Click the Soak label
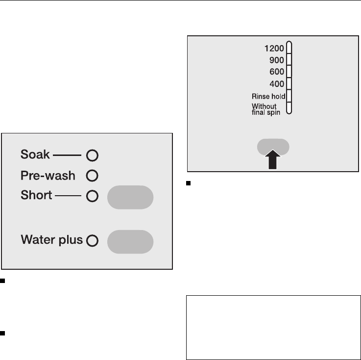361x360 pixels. tap(35, 155)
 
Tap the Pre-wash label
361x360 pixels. tap(48, 175)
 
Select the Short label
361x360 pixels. tap(36, 195)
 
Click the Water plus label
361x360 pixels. tap(52, 240)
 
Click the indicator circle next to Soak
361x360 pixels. tap(93, 156)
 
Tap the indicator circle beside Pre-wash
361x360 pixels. tap(93, 175)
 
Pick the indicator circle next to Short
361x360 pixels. tap(93, 196)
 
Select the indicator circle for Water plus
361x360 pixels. tap(92, 241)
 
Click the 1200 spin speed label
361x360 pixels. tap(274, 49)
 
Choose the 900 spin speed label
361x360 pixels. tap(277, 60)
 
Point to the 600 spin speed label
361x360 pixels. tap(277, 72)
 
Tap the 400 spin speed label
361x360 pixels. tap(277, 84)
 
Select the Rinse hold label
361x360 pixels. tap(268, 96)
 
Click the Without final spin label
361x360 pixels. tap(265, 108)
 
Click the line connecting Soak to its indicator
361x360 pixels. tap(67, 155)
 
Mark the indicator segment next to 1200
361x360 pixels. tap(289, 48)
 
